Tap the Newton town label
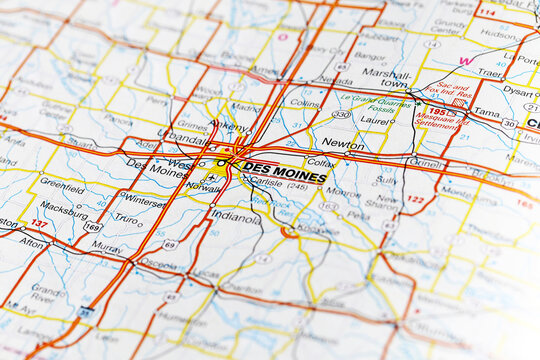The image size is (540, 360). pos(343,144)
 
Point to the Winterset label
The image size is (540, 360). pos(143,200)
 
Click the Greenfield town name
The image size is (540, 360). pos(62,186)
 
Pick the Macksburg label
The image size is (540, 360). pos(64,210)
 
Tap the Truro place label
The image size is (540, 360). pos(126,218)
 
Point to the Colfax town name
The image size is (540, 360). pos(321,161)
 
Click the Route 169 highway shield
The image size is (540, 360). pos(93,227)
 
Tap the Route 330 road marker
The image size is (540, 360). pos(342,115)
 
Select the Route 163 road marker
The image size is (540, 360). pos(329,207)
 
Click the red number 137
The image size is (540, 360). pos(39,224)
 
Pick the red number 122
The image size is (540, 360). pos(415,200)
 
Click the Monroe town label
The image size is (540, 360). pos(343,192)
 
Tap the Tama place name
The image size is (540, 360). pos(487,113)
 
